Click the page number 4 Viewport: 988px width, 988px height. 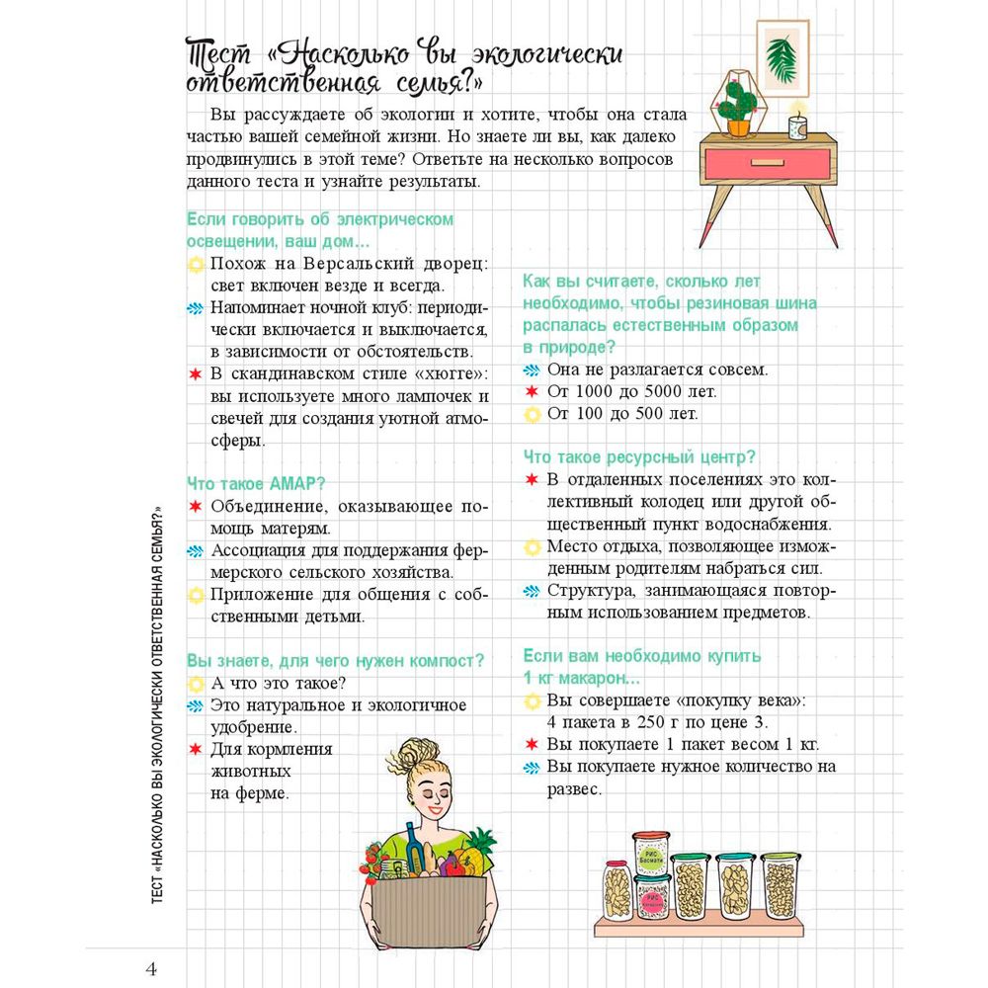pyautogui.click(x=150, y=968)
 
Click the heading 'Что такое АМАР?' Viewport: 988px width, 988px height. pyautogui.click(x=256, y=484)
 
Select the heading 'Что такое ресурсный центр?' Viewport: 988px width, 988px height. pyautogui.click(x=639, y=457)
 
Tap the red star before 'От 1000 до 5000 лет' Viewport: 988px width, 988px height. pyautogui.click(x=532, y=392)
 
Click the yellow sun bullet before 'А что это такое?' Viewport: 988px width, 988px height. pyautogui.click(x=196, y=684)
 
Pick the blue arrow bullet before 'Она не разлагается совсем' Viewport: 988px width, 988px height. pyautogui.click(x=532, y=370)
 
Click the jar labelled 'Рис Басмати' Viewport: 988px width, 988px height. pyautogui.click(x=651, y=857)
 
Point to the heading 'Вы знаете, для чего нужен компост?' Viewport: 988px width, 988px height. pyautogui.click(x=335, y=660)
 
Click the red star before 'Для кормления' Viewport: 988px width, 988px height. pyautogui.click(x=196, y=749)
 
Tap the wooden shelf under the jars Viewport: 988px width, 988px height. pyautogui.click(x=699, y=929)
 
